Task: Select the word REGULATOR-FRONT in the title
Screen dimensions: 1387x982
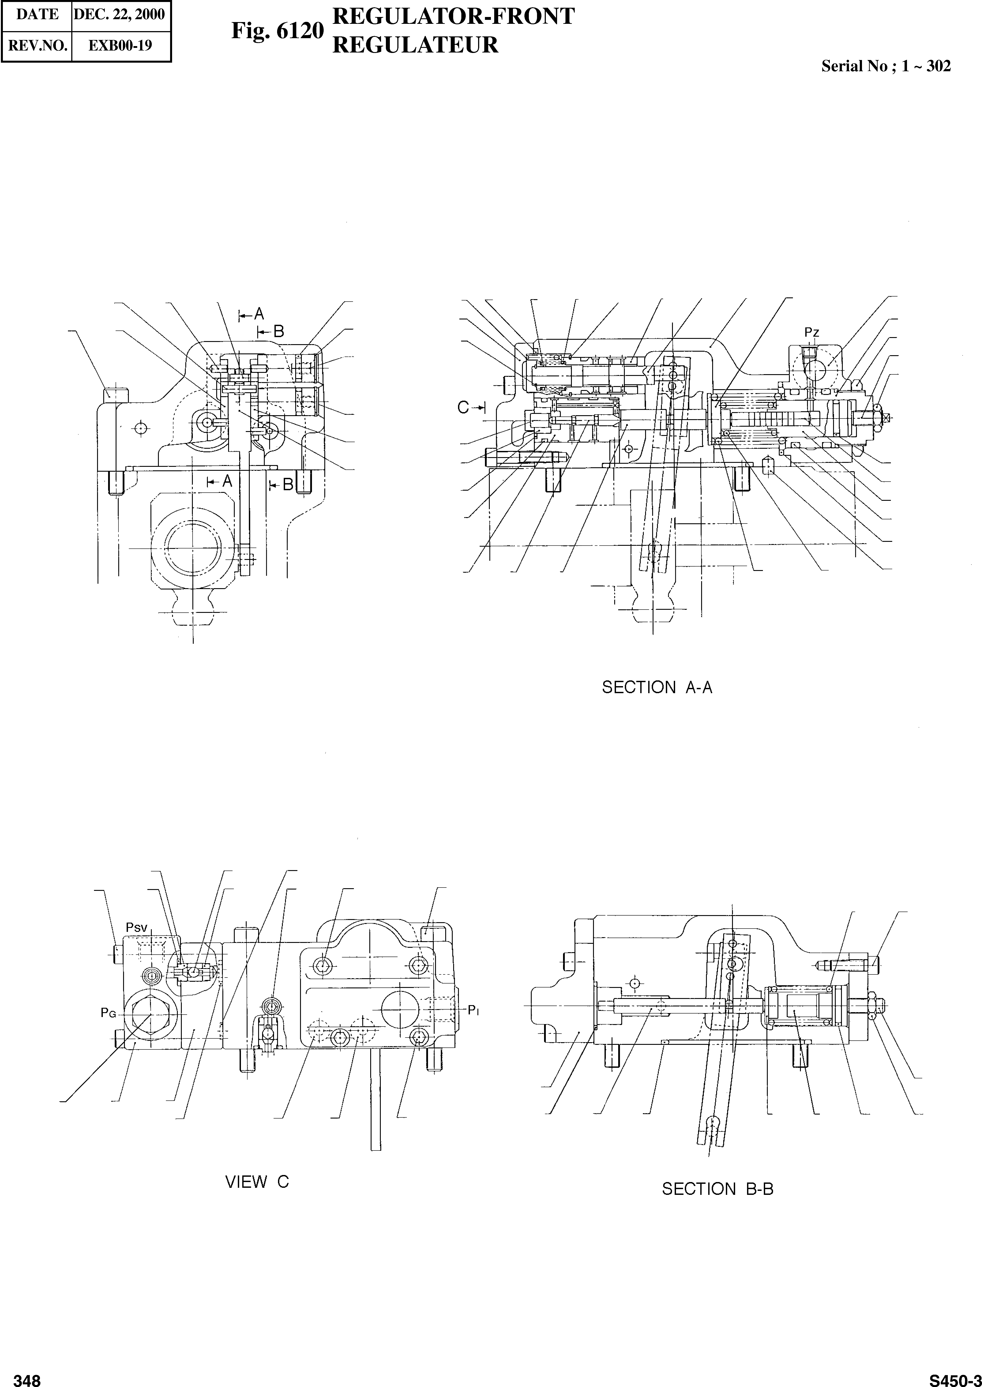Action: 454,17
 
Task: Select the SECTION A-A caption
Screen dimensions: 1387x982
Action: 657,687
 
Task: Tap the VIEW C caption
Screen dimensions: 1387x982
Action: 257,1182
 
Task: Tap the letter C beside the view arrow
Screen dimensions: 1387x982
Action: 463,408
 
